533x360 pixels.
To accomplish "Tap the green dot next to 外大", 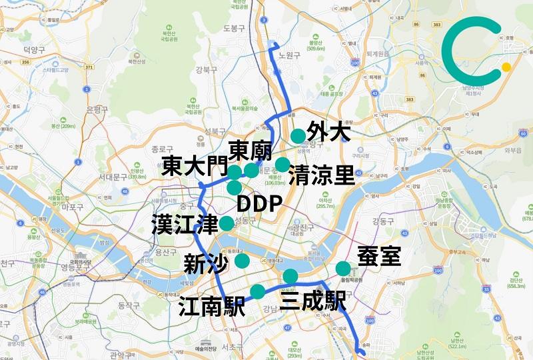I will coord(298,136).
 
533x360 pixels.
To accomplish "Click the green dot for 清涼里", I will coord(282,164).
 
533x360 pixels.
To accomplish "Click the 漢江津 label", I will coord(185,223).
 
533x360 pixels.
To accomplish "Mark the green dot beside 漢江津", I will coord(227,223).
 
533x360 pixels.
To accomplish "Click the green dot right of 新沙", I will coord(242,261).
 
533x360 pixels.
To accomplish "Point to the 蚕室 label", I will coord(379,257).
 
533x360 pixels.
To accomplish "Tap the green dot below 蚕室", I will coord(343,269).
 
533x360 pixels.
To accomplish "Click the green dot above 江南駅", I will coord(257,291).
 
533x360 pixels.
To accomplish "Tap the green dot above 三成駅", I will coord(290,276).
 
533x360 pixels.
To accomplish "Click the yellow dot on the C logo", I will coord(506,67).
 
